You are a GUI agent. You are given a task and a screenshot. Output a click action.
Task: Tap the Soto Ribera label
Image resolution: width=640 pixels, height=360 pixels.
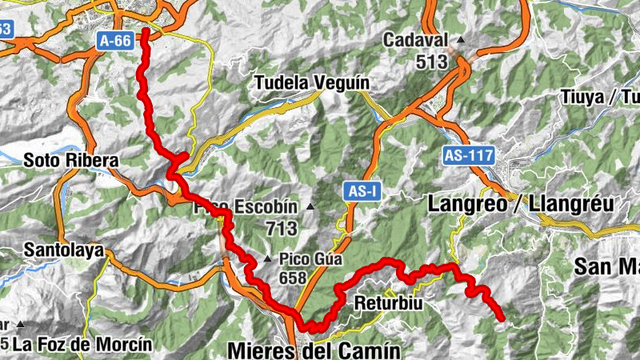click(x=70, y=160)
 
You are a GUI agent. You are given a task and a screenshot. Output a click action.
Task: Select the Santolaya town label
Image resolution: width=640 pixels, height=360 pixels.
click(x=64, y=250)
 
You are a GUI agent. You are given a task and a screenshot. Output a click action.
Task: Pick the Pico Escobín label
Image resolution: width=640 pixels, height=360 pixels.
click(x=246, y=208)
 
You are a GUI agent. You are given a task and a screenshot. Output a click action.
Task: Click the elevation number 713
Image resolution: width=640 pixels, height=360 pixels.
click(x=282, y=229)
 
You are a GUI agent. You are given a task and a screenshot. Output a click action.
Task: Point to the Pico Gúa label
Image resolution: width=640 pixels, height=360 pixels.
click(x=310, y=259)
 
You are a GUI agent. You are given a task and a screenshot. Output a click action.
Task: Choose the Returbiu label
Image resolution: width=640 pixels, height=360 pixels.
click(x=387, y=304)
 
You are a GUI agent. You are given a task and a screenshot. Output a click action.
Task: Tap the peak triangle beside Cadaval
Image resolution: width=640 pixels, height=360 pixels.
click(x=461, y=40)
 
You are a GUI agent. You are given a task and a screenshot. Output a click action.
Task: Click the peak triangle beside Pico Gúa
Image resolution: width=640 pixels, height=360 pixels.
click(x=268, y=259)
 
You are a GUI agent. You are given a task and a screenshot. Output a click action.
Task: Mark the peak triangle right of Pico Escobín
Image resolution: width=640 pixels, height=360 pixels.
click(x=310, y=208)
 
